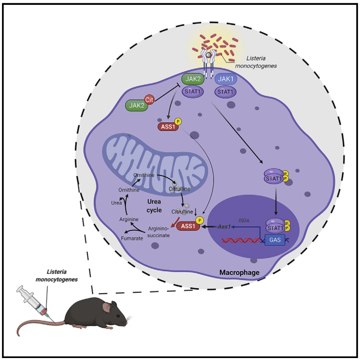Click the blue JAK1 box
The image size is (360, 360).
click(225, 78)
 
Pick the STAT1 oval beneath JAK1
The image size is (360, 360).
click(225, 91)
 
